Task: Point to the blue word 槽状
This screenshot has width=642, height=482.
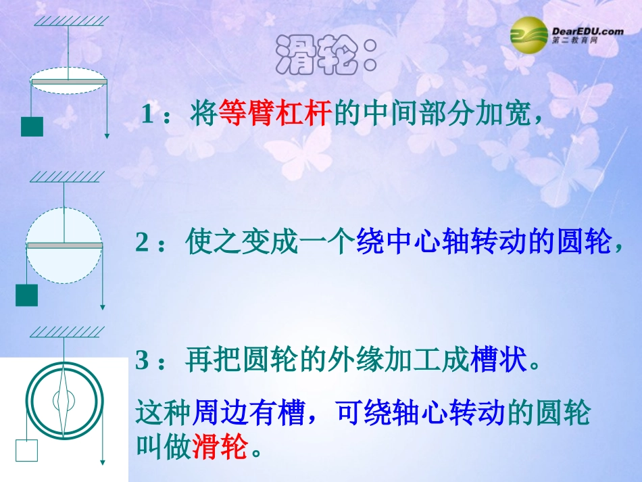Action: [x=497, y=360]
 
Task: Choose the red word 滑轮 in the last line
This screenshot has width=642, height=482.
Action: [x=220, y=446]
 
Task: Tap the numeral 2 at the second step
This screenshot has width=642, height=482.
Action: [x=142, y=242]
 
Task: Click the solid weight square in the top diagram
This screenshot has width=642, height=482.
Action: [x=32, y=126]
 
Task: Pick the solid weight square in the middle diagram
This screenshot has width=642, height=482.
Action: [x=26, y=295]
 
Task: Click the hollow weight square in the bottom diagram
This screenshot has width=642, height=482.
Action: [x=26, y=450]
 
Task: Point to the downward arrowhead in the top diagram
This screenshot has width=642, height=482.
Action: [x=107, y=135]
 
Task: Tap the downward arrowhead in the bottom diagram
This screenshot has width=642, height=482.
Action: [x=102, y=462]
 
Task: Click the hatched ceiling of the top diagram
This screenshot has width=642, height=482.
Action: [x=68, y=20]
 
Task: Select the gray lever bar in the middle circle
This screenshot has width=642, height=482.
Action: [x=64, y=245]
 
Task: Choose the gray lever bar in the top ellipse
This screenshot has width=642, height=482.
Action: [x=69, y=82]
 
